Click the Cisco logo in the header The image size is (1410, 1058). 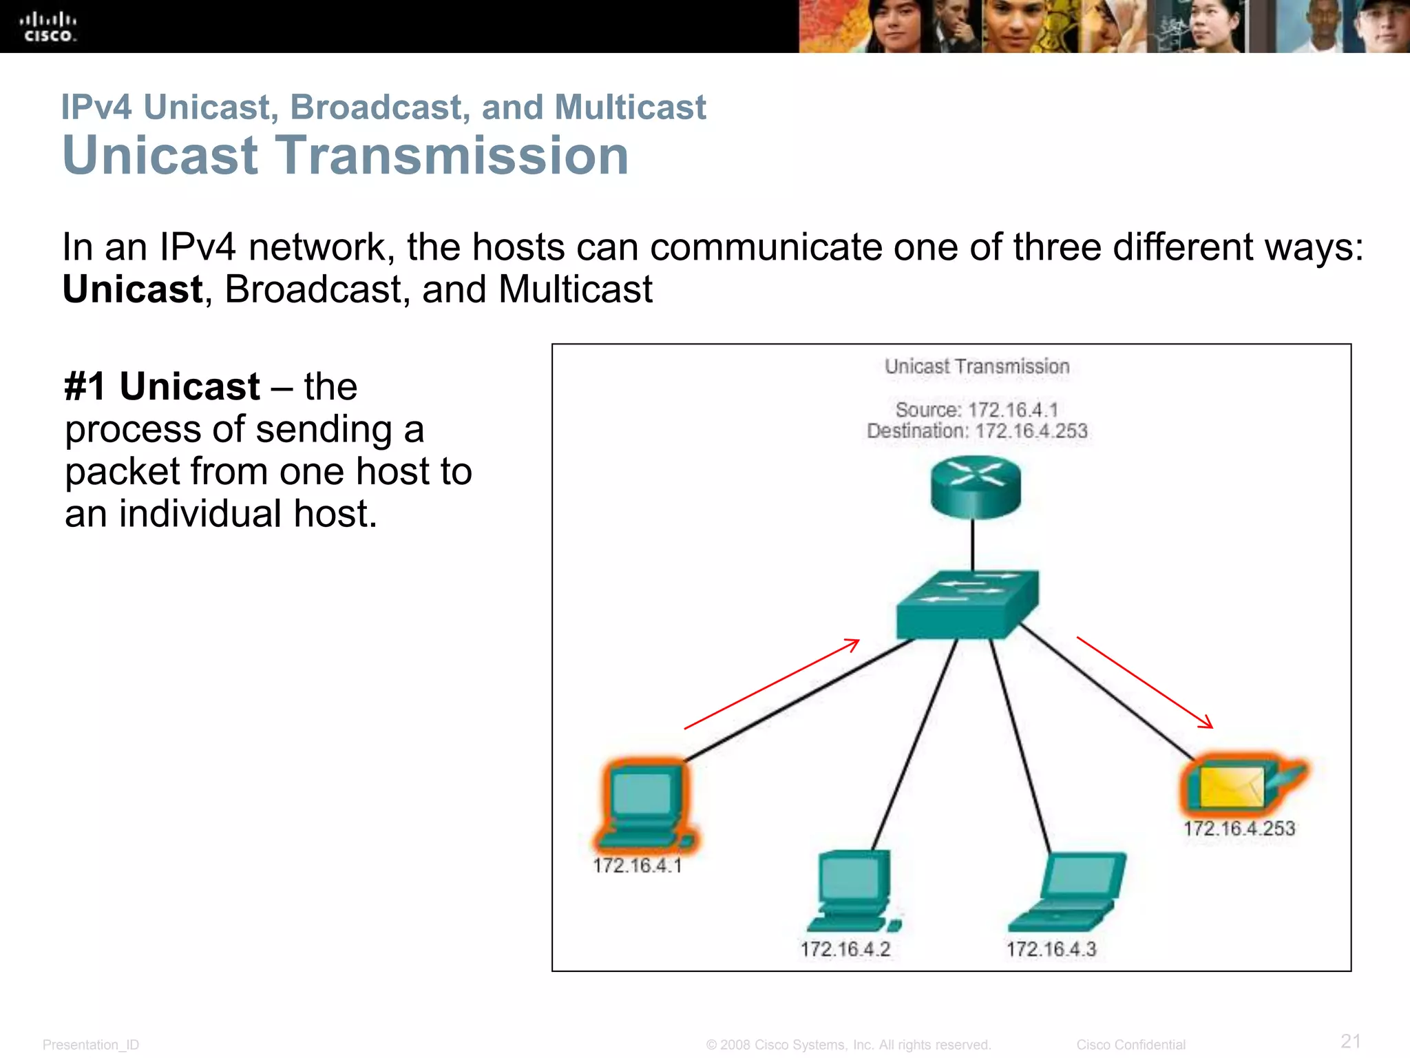click(x=48, y=27)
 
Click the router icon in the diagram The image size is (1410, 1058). click(x=976, y=488)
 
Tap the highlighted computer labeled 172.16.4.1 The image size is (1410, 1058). click(x=644, y=806)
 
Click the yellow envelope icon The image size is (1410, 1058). click(x=1232, y=787)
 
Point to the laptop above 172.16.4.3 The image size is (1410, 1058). click(x=1067, y=892)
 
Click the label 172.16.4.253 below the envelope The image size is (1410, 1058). click(x=1239, y=829)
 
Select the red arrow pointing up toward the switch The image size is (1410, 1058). click(x=772, y=684)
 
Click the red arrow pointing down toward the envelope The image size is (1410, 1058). click(x=1145, y=683)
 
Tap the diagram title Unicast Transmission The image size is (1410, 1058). click(x=977, y=366)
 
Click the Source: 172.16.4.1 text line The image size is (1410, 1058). click(x=976, y=410)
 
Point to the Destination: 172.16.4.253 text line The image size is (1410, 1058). click(x=977, y=431)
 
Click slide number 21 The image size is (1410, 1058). click(x=1351, y=1041)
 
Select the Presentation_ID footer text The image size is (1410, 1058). click(x=91, y=1045)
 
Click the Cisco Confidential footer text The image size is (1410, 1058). click(x=1130, y=1045)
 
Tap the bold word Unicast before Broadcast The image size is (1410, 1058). click(x=133, y=289)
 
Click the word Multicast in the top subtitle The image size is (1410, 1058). click(x=630, y=107)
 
